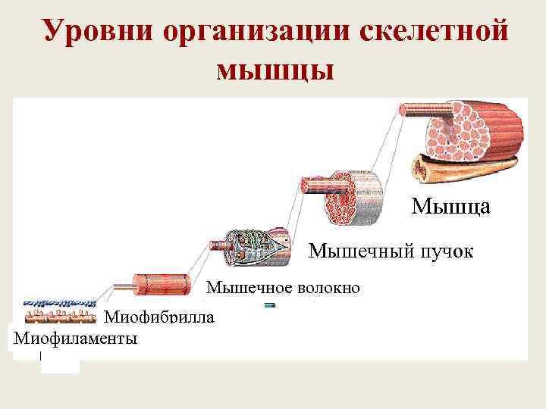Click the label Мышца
tap(450, 206)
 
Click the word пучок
tap(445, 251)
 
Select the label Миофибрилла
tap(158, 317)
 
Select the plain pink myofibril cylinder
tap(162, 283)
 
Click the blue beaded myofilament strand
tap(57, 304)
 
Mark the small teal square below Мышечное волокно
tap(268, 305)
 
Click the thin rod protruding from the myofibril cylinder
tap(124, 287)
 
